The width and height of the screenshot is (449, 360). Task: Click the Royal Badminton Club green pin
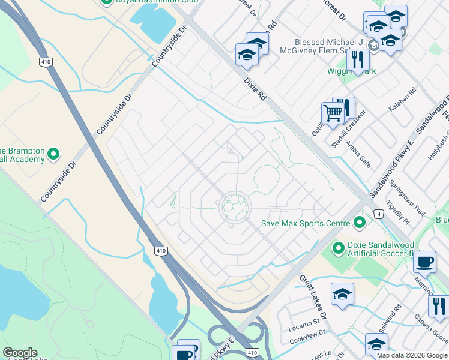click(x=106, y=2)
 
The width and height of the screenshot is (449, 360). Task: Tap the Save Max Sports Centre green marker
click(x=360, y=223)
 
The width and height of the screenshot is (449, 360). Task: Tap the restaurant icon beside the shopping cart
click(x=344, y=107)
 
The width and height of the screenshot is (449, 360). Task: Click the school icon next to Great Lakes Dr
click(x=342, y=294)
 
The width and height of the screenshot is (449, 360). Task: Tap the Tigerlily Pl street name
click(x=398, y=213)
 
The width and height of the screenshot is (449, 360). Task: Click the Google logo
click(x=19, y=353)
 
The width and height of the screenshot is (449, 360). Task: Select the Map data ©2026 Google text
click(x=412, y=355)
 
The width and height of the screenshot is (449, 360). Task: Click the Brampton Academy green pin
click(x=53, y=154)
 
